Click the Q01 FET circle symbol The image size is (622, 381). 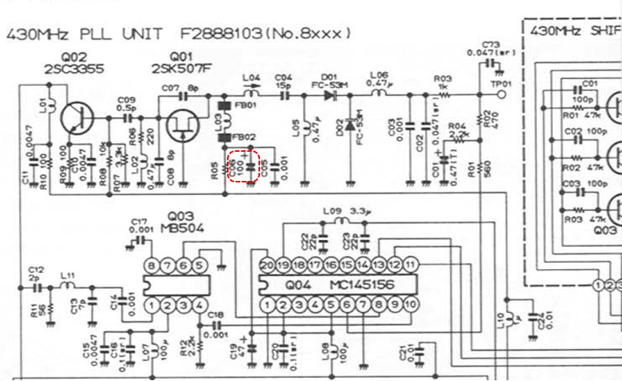click(183, 125)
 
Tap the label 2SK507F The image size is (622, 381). click(181, 67)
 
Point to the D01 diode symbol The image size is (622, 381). click(330, 96)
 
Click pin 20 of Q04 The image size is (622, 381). click(266, 264)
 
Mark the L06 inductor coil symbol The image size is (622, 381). click(380, 95)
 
